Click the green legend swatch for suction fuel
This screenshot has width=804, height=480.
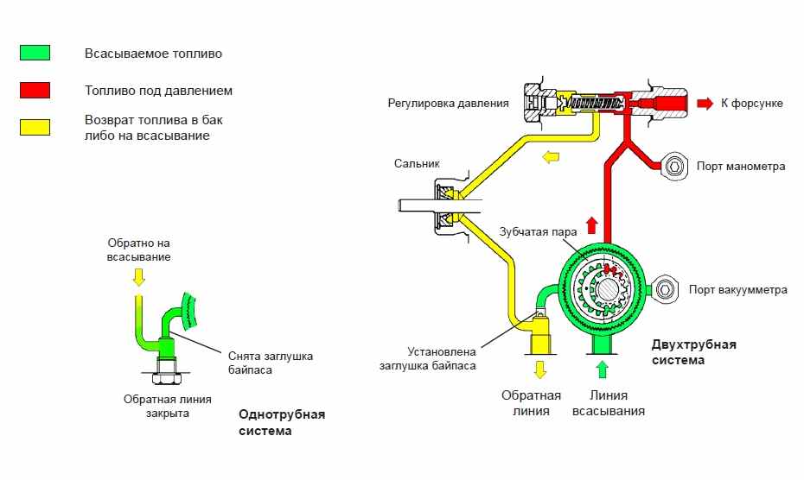pyautogui.click(x=35, y=53)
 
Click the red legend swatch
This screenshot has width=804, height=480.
pyautogui.click(x=35, y=90)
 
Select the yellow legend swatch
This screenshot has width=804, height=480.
pyautogui.click(x=35, y=127)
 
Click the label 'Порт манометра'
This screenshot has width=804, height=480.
pyautogui.click(x=741, y=166)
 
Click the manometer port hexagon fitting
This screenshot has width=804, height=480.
pyautogui.click(x=673, y=165)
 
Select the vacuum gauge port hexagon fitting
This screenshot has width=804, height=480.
pyautogui.click(x=667, y=289)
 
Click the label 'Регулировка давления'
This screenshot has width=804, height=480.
pyautogui.click(x=449, y=104)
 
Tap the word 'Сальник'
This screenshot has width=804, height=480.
pyautogui.click(x=418, y=162)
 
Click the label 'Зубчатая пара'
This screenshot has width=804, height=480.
pyautogui.click(x=539, y=232)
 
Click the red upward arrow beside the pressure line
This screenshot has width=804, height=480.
pyautogui.click(x=591, y=225)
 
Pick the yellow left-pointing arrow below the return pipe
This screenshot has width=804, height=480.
pyautogui.click(x=550, y=157)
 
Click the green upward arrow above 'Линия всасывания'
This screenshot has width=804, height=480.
pyautogui.click(x=603, y=370)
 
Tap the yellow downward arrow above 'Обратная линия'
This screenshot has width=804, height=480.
pyautogui.click(x=541, y=370)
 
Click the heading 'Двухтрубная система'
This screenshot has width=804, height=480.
pyautogui.click(x=693, y=352)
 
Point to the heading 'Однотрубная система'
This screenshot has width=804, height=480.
pyautogui.click(x=281, y=422)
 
